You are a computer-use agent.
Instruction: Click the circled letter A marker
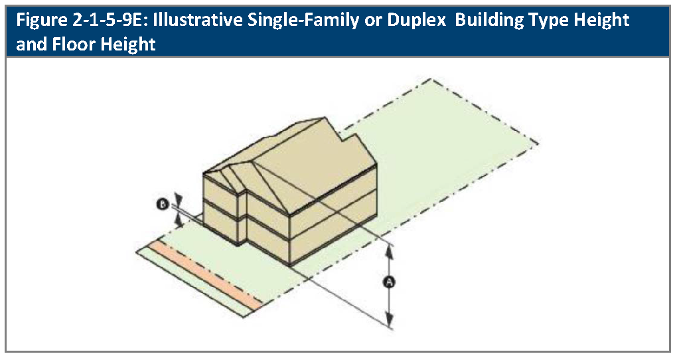(390, 282)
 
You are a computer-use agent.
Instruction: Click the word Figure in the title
(41, 20)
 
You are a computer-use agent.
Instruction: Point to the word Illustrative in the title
(203, 20)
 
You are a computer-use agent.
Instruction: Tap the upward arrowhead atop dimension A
(390, 249)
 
